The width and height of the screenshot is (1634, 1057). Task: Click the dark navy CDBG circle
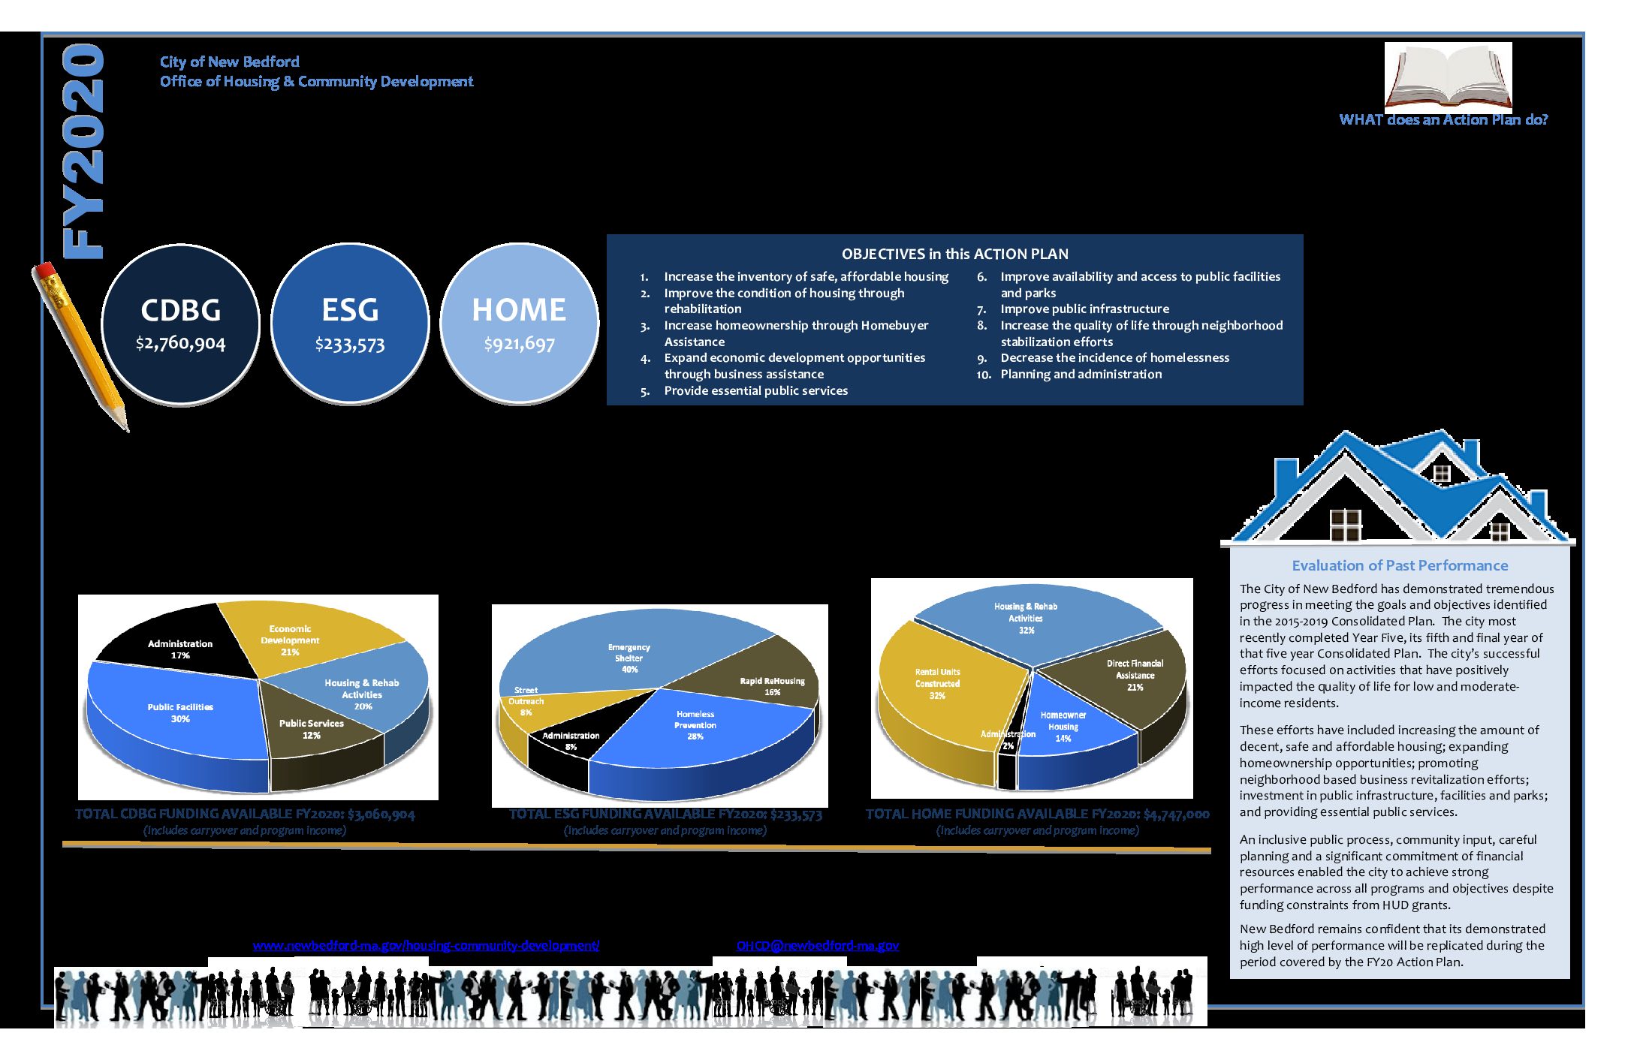pyautogui.click(x=180, y=324)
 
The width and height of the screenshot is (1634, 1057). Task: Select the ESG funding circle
pyautogui.click(x=350, y=324)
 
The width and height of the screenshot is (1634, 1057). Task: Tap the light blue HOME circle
pyautogui.click(x=519, y=324)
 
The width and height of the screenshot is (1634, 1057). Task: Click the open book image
pyautogui.click(x=1448, y=77)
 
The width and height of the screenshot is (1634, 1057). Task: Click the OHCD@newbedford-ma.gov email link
pyautogui.click(x=817, y=945)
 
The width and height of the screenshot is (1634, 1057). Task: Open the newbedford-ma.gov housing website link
pyautogui.click(x=426, y=945)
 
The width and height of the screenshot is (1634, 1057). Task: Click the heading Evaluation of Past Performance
pyautogui.click(x=1400, y=565)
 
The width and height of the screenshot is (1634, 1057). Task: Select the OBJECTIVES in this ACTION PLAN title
pyautogui.click(x=954, y=254)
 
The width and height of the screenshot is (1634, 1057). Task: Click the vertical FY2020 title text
pyautogui.click(x=83, y=150)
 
